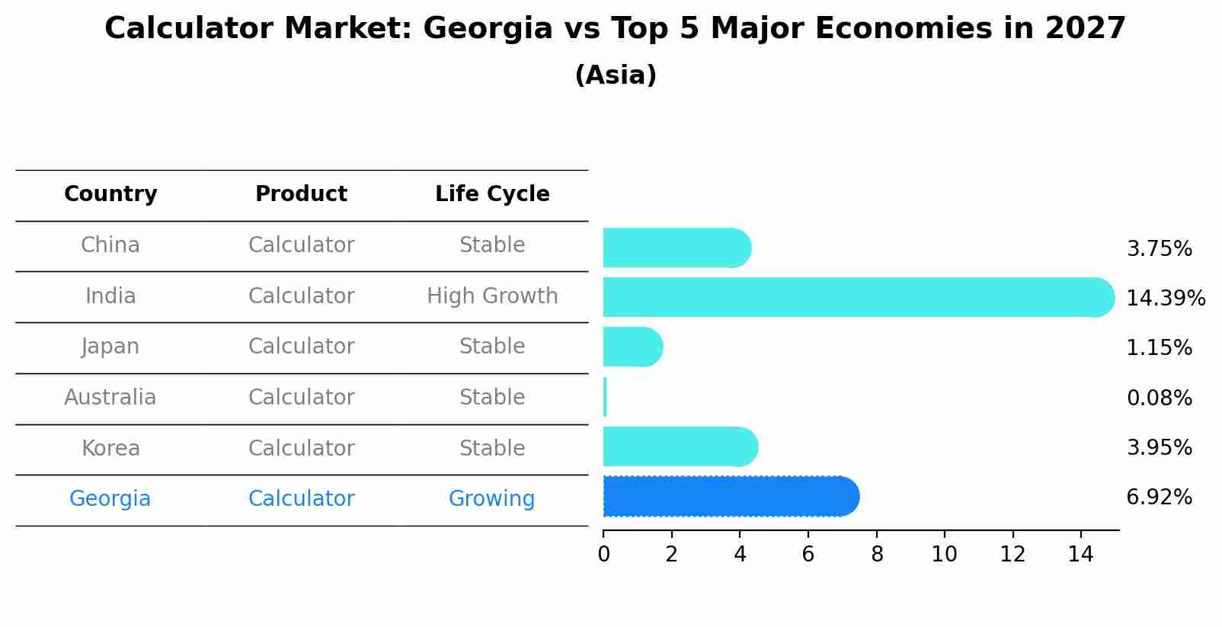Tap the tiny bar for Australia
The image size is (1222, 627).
click(x=605, y=397)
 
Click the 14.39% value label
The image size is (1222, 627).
click(x=1165, y=298)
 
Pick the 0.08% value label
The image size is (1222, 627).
click(x=1159, y=398)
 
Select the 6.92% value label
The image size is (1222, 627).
click(x=1159, y=497)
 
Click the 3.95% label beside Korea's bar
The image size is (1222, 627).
click(x=1159, y=447)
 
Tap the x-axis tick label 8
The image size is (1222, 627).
click(x=877, y=555)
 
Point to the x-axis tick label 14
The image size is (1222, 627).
click(x=1080, y=555)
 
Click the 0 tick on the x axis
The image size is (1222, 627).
click(x=604, y=555)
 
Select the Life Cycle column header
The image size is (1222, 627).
click(x=492, y=194)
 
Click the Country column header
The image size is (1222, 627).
click(x=110, y=194)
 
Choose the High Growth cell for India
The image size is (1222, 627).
click(x=492, y=296)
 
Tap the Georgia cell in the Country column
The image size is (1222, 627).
click(x=110, y=499)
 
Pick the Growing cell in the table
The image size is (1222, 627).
click(x=492, y=499)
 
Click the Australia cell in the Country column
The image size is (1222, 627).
click(x=110, y=397)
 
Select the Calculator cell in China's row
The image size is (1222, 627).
click(x=301, y=245)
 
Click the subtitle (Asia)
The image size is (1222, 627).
click(x=616, y=75)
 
